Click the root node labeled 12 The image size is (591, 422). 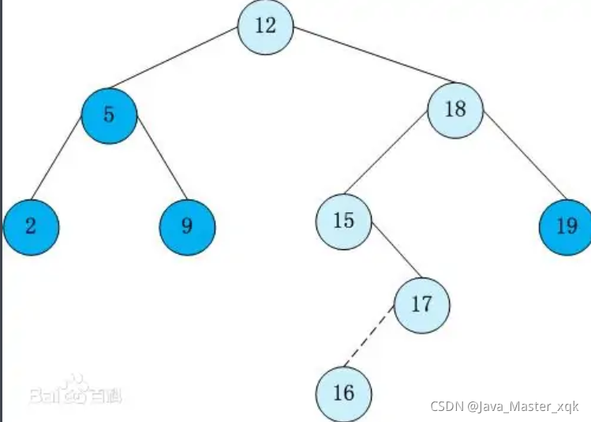(266, 27)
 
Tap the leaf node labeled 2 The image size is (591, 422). (31, 227)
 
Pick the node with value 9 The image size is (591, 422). (187, 227)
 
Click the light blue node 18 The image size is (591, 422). (455, 110)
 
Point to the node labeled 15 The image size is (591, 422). (343, 221)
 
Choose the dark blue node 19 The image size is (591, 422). (566, 227)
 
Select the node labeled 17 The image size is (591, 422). (421, 304)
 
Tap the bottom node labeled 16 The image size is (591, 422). (343, 393)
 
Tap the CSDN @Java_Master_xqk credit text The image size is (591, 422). (504, 405)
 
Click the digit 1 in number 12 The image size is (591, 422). (260, 26)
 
